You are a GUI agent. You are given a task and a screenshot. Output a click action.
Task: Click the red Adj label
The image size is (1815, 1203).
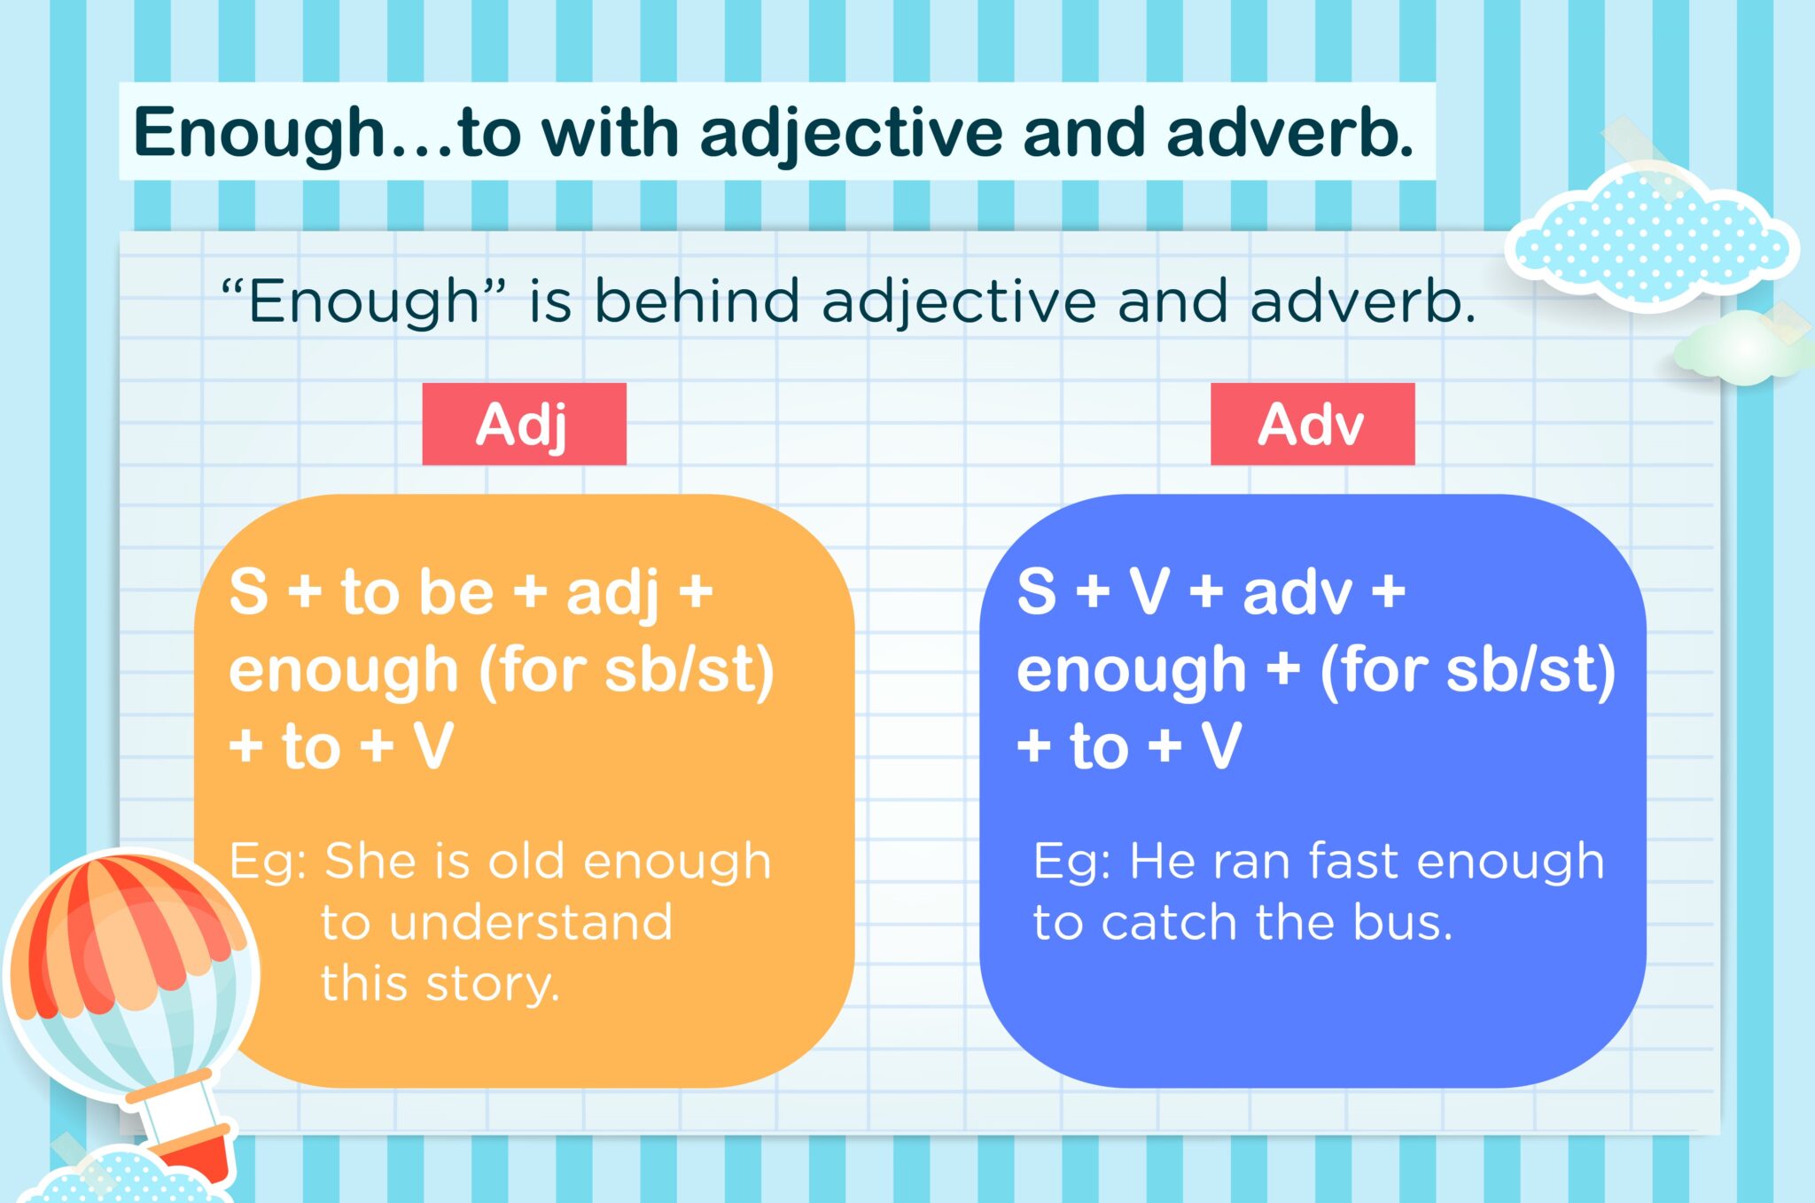pyautogui.click(x=524, y=424)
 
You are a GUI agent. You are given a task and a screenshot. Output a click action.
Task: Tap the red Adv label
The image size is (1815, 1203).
pyautogui.click(x=1313, y=424)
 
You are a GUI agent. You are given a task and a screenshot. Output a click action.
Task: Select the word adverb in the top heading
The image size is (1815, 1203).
pyautogui.click(x=1290, y=132)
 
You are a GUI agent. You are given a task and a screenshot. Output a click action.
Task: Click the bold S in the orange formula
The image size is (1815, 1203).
pyautogui.click(x=248, y=591)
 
